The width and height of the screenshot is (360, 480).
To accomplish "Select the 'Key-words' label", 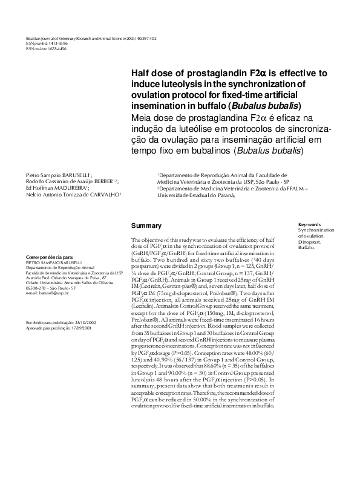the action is click(x=309, y=224).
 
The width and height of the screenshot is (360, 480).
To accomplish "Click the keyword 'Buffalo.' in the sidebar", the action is click(x=307, y=248).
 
